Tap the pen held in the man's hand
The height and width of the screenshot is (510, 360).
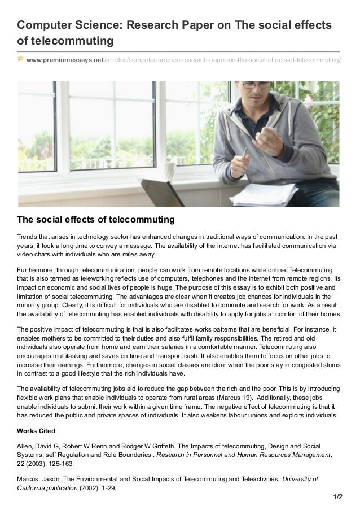tap(243, 151)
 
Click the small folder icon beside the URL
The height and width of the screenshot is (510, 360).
tap(21, 59)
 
